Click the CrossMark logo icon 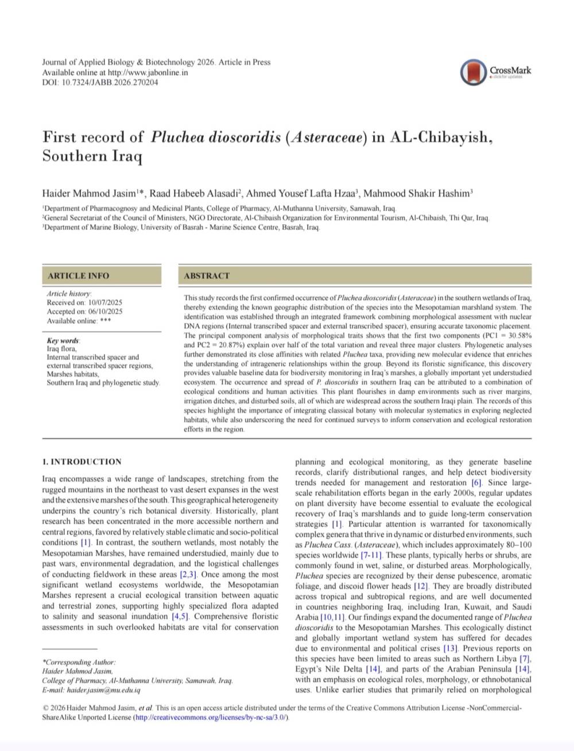pyautogui.click(x=474, y=72)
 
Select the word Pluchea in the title pyautogui.click(x=177, y=137)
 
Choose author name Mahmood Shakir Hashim pyautogui.click(x=417, y=194)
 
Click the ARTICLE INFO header pyautogui.click(x=78, y=276)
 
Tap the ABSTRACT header pyautogui.click(x=207, y=276)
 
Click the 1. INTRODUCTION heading pyautogui.click(x=82, y=461)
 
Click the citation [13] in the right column pyautogui.click(x=449, y=648)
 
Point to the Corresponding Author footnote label pyautogui.click(x=79, y=662)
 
